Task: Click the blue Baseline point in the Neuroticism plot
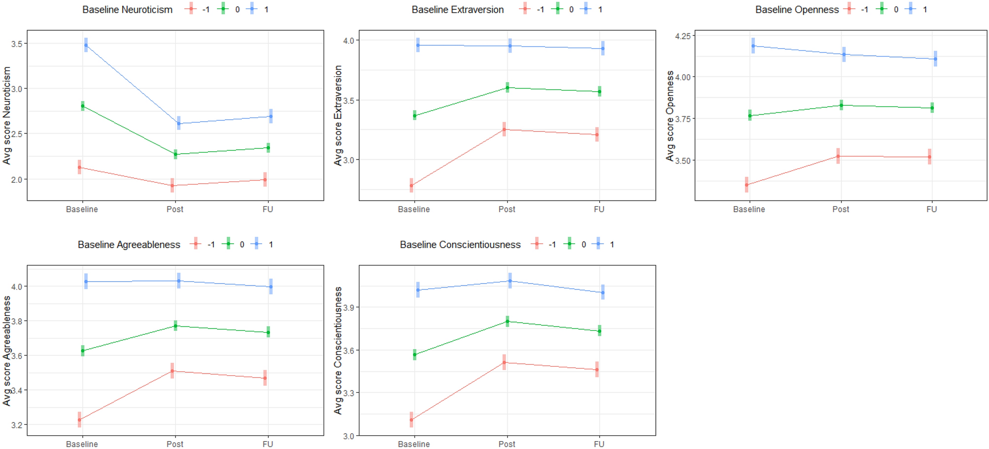coord(86,45)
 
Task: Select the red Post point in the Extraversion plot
coord(504,129)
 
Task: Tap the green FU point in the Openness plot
coord(932,108)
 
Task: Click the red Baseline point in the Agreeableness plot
coord(79,420)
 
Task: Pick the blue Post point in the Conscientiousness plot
coord(510,281)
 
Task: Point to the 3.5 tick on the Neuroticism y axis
coord(16,44)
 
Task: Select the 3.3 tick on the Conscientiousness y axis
coord(348,393)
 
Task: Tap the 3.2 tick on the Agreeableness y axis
coord(16,425)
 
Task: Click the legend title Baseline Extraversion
coord(457,9)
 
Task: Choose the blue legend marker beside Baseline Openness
coord(910,9)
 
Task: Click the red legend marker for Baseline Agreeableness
coord(196,244)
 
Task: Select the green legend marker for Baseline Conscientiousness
coord(569,244)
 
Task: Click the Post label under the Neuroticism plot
coord(174,209)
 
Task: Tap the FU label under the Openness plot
coord(931,209)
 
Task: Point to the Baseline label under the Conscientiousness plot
coord(413,444)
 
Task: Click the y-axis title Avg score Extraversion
coord(338,116)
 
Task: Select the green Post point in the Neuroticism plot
coord(175,154)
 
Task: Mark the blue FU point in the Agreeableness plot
coord(271,287)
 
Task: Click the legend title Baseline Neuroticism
coord(127,9)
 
